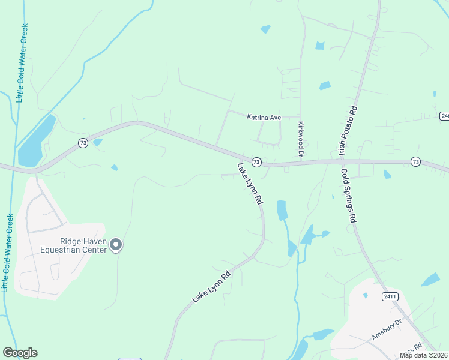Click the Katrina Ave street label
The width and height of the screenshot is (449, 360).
(x=264, y=118)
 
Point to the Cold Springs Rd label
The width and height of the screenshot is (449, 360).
(x=349, y=196)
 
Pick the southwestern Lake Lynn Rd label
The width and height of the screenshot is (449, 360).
(x=211, y=288)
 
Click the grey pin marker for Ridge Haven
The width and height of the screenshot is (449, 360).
(x=116, y=244)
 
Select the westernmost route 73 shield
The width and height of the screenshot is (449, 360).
(x=83, y=142)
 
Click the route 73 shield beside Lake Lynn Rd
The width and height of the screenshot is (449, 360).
(x=256, y=162)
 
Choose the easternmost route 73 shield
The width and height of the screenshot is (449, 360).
(x=415, y=161)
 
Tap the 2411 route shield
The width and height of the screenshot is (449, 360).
(x=390, y=296)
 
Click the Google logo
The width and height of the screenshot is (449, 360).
(x=20, y=353)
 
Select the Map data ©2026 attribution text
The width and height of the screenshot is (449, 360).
(x=423, y=355)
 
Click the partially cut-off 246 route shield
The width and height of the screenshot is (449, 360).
(x=445, y=115)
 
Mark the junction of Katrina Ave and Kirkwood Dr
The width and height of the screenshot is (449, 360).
(x=300, y=118)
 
